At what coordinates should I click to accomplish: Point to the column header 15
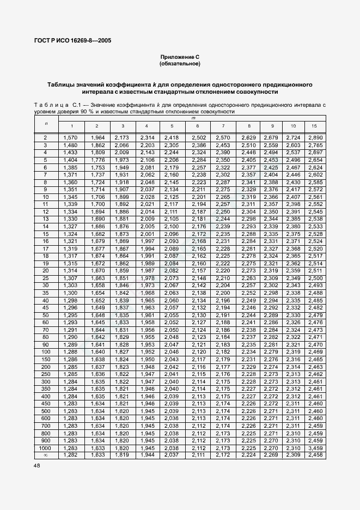coord(314,126)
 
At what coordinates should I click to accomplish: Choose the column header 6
coord(197,126)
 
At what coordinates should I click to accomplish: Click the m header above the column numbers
coord(193,118)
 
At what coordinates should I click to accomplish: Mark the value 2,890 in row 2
coord(314,138)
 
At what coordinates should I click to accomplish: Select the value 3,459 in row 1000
coord(314,447)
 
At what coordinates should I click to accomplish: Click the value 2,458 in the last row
coord(314,454)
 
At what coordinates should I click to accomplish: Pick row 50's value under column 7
coord(223,315)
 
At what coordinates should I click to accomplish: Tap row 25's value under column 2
coord(98,278)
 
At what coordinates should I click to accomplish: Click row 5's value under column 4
coord(147,160)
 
